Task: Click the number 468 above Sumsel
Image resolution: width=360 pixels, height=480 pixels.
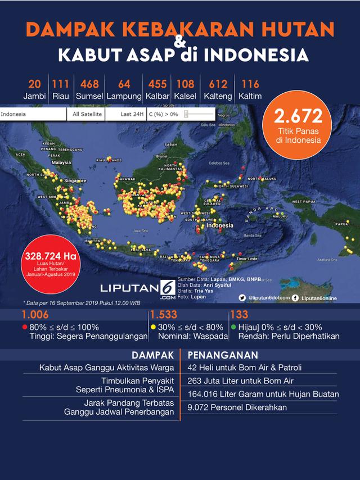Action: point(89,84)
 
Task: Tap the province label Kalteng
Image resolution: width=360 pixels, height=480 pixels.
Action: point(218,97)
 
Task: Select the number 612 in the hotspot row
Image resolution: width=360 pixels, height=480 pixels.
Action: point(218,84)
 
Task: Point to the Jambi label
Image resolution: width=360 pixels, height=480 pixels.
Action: point(34,97)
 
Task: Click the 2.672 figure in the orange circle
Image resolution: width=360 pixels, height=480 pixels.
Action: point(298,117)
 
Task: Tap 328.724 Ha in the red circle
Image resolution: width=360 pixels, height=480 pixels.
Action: point(50,254)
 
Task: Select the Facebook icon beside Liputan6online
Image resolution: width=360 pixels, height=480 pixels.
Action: point(295,298)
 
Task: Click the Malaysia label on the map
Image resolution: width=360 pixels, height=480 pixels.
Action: point(61,162)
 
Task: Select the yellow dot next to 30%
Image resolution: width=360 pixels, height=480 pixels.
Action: point(152,327)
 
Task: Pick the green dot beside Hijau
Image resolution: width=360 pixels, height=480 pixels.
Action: point(233,327)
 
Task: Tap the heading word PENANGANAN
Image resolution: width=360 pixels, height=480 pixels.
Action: point(223,355)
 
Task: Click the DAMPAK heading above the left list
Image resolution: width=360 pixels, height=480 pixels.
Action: point(153,355)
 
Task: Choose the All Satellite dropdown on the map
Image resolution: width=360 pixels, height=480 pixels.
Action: point(87,114)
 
